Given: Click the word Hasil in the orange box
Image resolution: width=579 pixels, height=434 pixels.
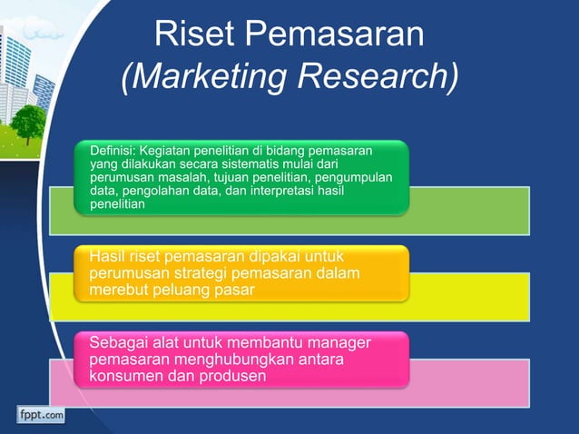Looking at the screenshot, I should click(108, 255).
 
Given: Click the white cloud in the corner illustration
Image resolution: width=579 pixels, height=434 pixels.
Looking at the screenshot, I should click(41, 33).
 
